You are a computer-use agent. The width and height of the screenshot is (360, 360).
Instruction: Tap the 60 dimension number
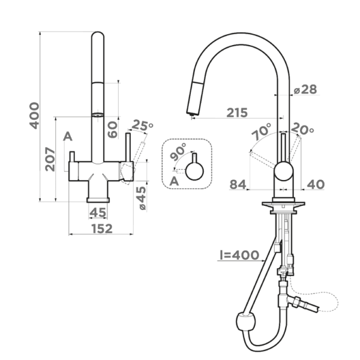point(112,128)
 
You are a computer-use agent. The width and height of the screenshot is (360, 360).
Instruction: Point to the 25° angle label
point(143,125)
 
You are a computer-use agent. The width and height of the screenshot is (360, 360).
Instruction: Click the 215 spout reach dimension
point(238,112)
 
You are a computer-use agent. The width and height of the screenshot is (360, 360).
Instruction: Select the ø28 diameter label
point(305,89)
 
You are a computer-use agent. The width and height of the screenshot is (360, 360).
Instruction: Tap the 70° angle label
point(261,133)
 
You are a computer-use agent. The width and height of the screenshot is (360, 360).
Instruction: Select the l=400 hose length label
point(239,256)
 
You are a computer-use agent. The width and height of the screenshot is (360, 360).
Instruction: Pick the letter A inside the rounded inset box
point(174,180)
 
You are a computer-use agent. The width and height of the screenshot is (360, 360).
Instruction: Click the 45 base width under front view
point(98,212)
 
